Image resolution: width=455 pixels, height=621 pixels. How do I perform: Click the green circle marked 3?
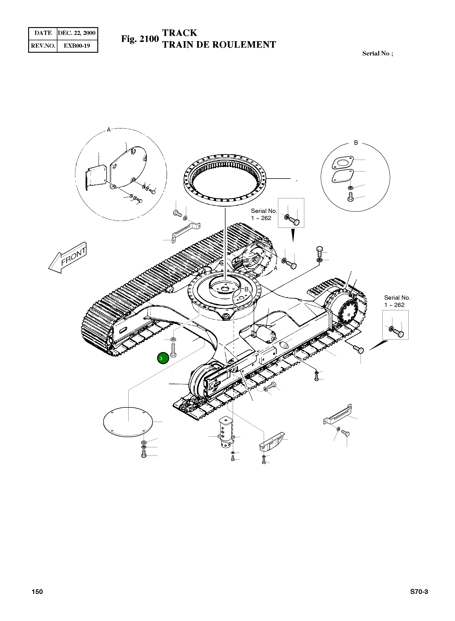pos(163,358)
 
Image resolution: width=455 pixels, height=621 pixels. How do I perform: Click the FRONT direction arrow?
pos(68,258)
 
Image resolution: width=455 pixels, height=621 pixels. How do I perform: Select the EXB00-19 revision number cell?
pos(77,46)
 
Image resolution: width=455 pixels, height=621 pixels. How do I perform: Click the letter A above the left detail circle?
pos(109,130)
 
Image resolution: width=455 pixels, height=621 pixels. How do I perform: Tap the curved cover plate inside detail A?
pos(129,167)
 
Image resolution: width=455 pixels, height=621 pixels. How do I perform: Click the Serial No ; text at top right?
pos(378,53)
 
